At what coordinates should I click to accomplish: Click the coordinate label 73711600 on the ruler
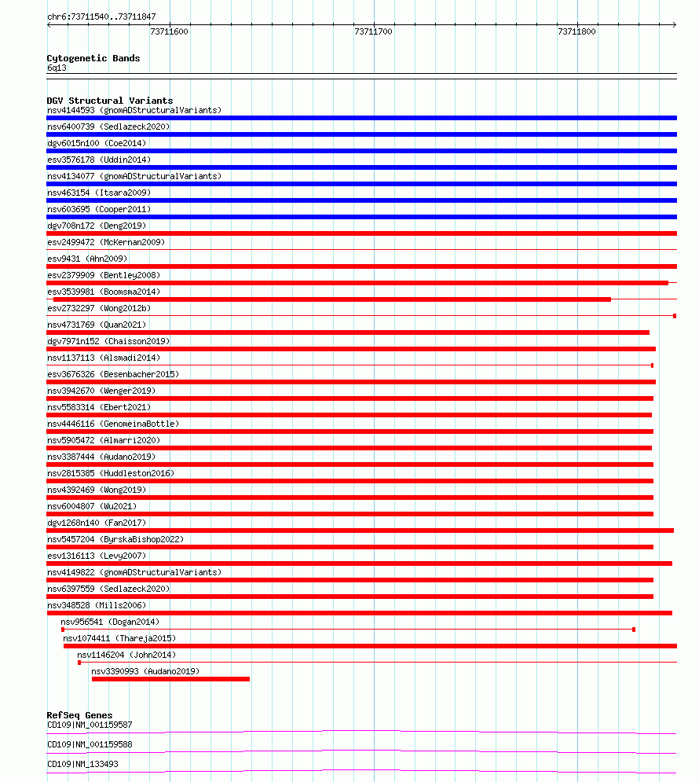(x=169, y=32)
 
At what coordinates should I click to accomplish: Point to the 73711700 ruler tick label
(x=373, y=32)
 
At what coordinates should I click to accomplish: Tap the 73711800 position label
(x=576, y=32)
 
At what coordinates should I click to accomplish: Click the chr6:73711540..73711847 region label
(x=101, y=17)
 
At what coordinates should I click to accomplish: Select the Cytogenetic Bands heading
(x=93, y=58)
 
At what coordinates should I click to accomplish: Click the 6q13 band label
(x=57, y=68)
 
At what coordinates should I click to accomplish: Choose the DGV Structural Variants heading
(x=110, y=101)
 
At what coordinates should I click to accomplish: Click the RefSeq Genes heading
(x=79, y=715)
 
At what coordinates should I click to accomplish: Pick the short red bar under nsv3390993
(x=170, y=679)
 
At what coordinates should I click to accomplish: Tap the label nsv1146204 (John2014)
(x=126, y=655)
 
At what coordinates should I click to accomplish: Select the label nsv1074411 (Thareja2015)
(x=119, y=638)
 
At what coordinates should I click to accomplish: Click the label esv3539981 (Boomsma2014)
(x=104, y=292)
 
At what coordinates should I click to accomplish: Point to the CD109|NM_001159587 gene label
(x=90, y=725)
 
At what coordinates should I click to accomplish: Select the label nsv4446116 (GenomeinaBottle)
(x=113, y=424)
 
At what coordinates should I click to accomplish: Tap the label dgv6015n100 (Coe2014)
(x=97, y=143)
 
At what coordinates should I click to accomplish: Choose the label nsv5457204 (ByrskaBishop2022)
(x=115, y=539)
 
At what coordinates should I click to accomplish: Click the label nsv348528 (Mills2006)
(x=97, y=605)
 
